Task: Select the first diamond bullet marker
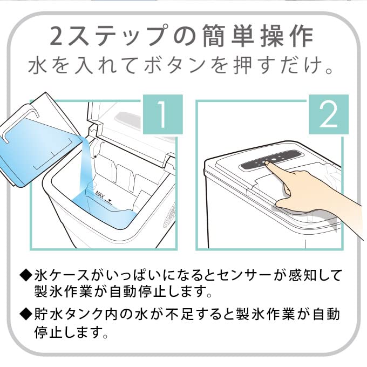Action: (25, 275)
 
